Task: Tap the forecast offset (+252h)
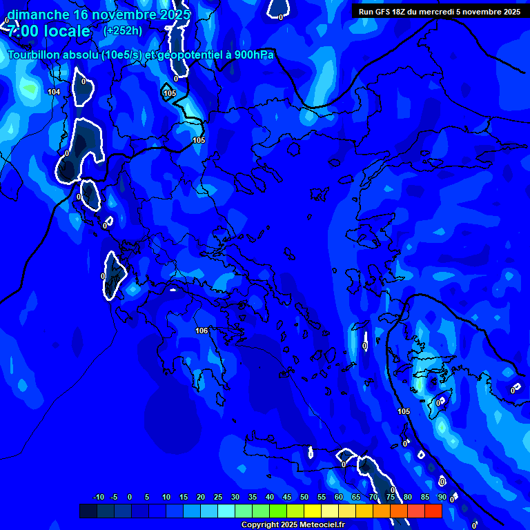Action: [123, 30]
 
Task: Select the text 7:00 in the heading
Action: [22, 31]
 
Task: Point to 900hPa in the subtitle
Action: [253, 55]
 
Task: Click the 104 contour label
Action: [54, 92]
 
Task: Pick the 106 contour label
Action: [202, 331]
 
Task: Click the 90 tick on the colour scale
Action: [442, 498]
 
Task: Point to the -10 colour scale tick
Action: [98, 498]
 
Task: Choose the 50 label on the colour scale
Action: [304, 498]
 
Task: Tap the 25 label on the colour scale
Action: [218, 498]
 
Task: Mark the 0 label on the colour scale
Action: [130, 498]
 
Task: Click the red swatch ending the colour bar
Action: [433, 511]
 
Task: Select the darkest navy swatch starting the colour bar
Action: [88, 511]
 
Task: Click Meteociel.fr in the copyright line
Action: [320, 525]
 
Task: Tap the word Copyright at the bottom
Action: [258, 525]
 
